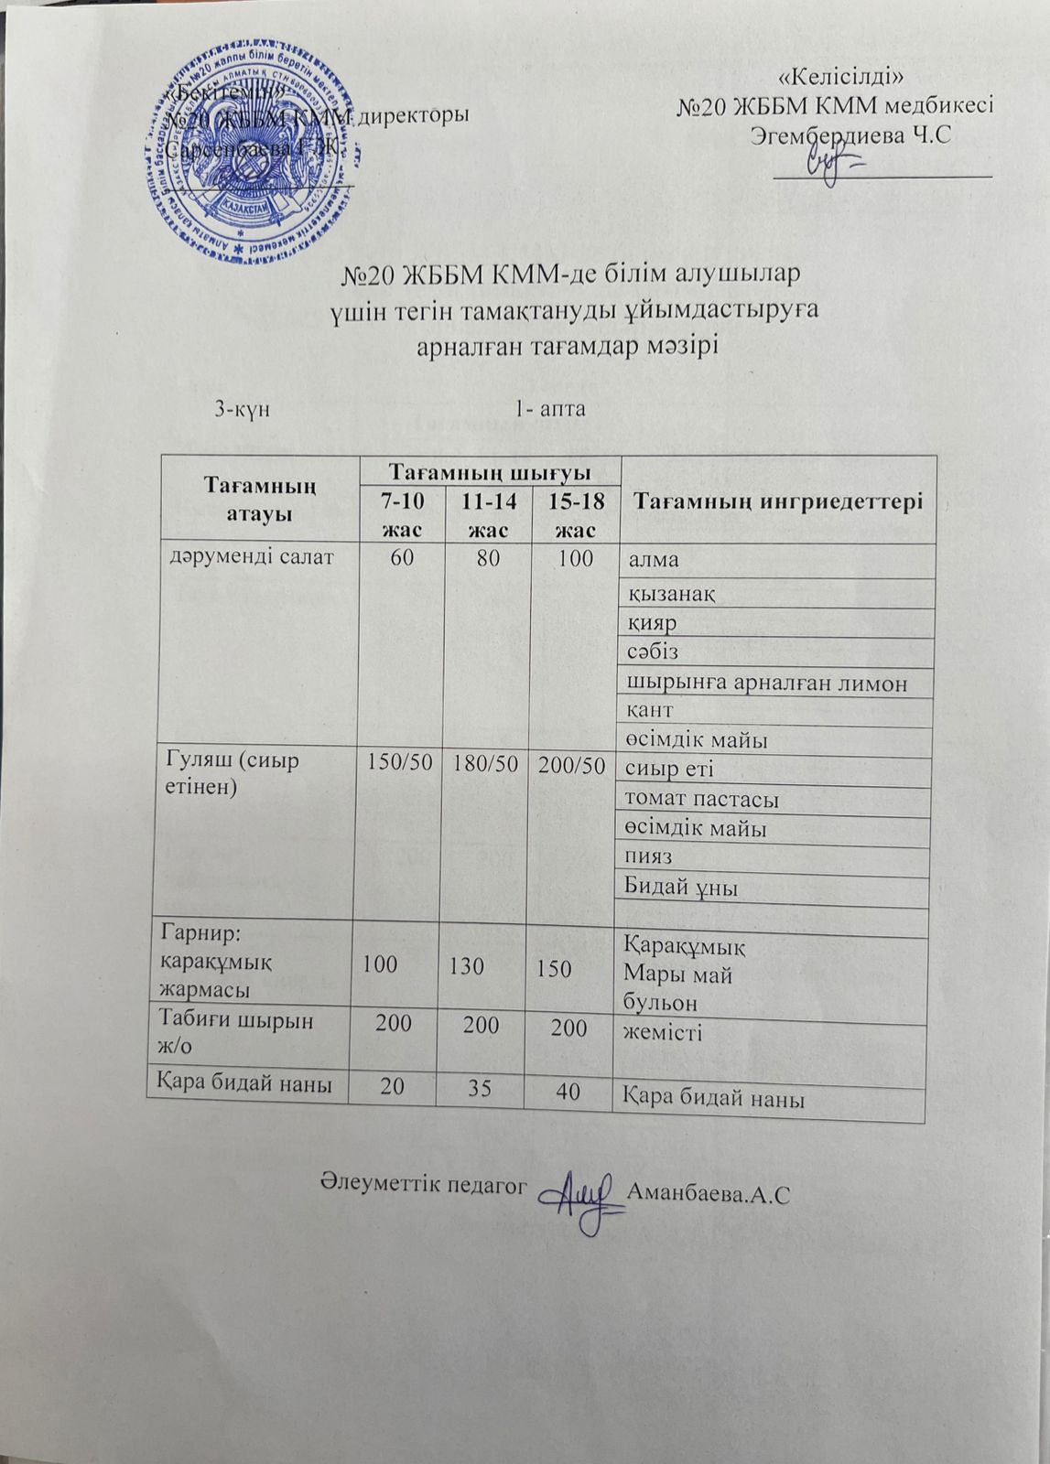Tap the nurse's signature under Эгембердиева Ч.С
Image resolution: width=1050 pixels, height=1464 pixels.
click(834, 167)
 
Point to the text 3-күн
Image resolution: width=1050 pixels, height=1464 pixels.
click(242, 408)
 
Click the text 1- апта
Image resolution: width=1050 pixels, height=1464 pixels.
click(550, 408)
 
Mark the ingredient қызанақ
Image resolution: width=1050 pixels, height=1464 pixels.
click(670, 593)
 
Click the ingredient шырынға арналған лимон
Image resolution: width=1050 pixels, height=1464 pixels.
click(765, 683)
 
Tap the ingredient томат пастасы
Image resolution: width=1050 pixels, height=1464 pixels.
click(701, 799)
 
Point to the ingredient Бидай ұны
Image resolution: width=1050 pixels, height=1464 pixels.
click(681, 886)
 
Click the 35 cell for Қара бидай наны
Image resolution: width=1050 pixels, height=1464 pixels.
click(480, 1088)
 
